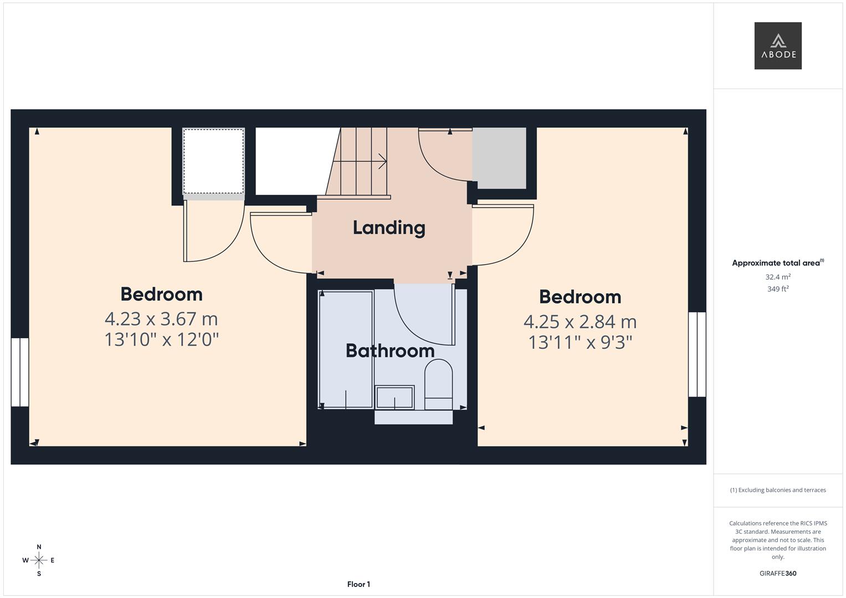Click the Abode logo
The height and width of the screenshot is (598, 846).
coord(777,46)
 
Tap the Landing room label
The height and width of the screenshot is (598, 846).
coord(389,228)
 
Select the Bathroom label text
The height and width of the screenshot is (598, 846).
coord(389,350)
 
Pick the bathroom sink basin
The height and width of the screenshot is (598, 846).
coord(394,398)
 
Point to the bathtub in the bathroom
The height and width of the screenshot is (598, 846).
coord(346,349)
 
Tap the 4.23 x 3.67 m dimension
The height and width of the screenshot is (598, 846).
coord(161,319)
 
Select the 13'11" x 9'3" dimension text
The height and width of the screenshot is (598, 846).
coord(580,342)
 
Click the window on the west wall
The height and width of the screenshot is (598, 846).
coord(19,372)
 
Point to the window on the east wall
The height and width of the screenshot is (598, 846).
coord(697,354)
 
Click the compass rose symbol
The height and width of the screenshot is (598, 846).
coord(39,560)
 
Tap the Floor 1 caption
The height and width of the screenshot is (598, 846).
coord(358,584)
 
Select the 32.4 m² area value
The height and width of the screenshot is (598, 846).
coord(778,277)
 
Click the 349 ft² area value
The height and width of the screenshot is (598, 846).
coord(778,289)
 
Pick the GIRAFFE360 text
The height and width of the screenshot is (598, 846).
coord(778,573)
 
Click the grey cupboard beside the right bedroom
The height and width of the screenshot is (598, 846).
coord(499,158)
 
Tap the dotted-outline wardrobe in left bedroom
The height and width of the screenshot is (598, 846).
coord(213,161)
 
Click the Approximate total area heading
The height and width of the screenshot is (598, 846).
coord(777,263)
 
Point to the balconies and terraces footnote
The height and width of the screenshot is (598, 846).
coord(778,490)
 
